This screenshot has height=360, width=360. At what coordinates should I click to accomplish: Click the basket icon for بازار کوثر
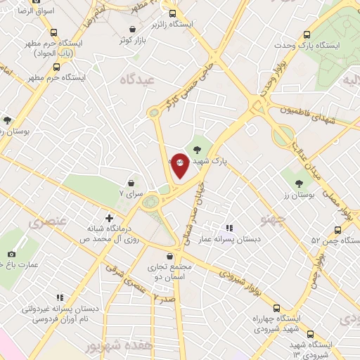[x=133, y=29]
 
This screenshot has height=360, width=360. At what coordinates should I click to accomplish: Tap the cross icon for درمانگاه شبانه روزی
[x=109, y=218]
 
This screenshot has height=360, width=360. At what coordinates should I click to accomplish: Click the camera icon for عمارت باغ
[x=11, y=254]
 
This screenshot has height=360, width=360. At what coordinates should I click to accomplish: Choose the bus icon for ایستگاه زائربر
[x=172, y=13]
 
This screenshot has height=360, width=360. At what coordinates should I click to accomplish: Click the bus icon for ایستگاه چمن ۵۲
[x=338, y=229]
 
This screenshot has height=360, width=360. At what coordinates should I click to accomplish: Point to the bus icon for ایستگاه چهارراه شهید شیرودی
[x=276, y=308]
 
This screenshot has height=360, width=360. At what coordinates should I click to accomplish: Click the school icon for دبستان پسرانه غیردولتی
[x=60, y=297]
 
